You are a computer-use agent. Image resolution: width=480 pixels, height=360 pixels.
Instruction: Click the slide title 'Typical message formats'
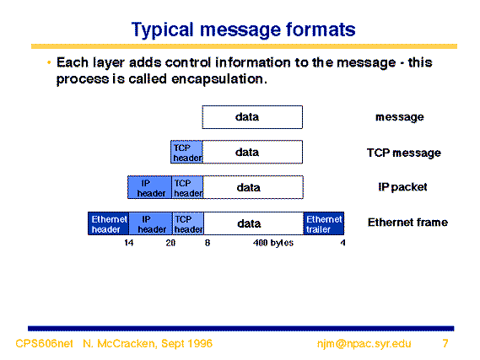click(243, 30)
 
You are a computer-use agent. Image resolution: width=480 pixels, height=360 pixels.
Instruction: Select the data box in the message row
click(252, 117)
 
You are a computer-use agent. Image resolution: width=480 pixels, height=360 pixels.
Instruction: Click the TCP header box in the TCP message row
click(186, 152)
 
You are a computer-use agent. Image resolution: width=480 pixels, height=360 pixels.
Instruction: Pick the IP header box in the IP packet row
click(149, 187)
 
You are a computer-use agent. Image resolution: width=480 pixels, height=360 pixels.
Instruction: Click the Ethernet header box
click(108, 223)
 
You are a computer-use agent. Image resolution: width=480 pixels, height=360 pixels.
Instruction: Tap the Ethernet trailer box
click(324, 223)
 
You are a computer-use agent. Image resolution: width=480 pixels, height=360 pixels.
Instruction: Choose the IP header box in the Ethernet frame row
click(151, 223)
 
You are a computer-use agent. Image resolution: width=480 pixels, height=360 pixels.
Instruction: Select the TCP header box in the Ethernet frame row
click(188, 223)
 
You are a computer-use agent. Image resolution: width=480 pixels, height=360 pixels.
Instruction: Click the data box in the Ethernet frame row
click(254, 223)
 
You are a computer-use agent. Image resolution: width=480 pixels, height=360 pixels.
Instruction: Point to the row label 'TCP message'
click(404, 153)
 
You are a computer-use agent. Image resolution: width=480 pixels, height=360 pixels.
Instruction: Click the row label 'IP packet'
click(402, 187)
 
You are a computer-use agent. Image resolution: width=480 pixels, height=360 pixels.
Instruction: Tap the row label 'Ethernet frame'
click(407, 223)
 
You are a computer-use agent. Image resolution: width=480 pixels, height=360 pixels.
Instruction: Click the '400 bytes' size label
click(273, 243)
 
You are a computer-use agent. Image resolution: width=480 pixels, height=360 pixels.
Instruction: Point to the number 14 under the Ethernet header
click(129, 243)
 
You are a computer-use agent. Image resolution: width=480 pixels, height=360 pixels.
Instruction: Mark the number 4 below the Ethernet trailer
click(342, 243)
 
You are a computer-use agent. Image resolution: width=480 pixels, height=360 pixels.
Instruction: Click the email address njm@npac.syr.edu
click(364, 343)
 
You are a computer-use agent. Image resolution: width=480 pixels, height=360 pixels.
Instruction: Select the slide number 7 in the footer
click(445, 343)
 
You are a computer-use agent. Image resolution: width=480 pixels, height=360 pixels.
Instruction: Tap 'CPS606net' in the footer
click(44, 343)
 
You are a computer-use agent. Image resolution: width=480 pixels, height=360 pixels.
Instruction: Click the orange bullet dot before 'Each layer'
click(49, 62)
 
